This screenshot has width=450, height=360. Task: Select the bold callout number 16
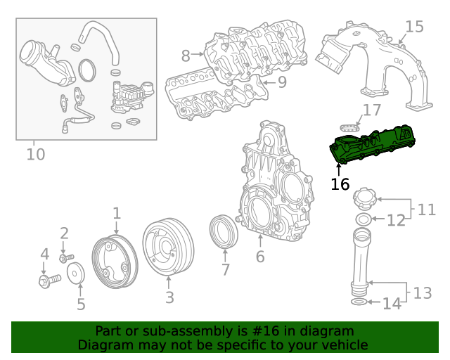pos(340,185)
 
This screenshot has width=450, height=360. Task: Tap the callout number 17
pos(371,110)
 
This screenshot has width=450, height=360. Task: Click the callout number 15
pos(415,27)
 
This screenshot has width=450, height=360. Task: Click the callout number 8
pos(186,56)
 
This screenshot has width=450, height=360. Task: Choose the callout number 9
pos(281,83)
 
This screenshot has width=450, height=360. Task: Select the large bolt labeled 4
pos(48,281)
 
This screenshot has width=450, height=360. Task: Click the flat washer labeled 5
pos(79,274)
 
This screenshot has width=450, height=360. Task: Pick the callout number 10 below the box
pos(35,153)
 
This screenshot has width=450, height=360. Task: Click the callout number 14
pos(392,304)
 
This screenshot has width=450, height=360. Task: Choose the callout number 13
pos(422,292)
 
